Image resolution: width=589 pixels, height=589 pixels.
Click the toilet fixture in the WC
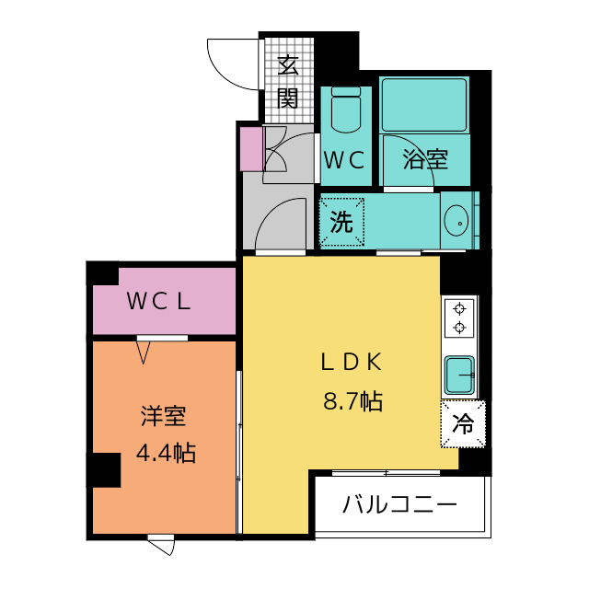pos(346,110)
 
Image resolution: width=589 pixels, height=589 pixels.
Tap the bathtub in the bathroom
pos(424,104)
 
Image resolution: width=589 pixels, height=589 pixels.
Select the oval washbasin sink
pos(456,221)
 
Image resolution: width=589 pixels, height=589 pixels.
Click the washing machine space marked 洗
pos(341,222)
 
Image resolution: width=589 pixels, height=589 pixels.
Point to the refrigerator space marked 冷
pos(463,424)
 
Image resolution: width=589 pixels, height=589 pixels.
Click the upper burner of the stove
pos(459,309)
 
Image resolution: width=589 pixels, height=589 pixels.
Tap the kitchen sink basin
pos(459,375)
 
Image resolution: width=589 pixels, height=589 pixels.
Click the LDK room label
pos(352,362)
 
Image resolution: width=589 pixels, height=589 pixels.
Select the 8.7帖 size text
pos(352,401)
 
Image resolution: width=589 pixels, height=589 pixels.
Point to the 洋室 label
pos(164,416)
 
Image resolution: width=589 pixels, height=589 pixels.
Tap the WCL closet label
pos(159,301)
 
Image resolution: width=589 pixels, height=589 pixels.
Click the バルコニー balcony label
pos(399,504)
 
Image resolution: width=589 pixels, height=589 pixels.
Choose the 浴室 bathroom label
pos(425,159)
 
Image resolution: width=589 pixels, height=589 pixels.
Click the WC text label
pos(344,160)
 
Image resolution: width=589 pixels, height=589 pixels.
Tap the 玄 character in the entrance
pos(288,65)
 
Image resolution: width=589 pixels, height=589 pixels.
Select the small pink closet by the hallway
pos(251,149)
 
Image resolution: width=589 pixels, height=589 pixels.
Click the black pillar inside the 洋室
pos(107,470)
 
